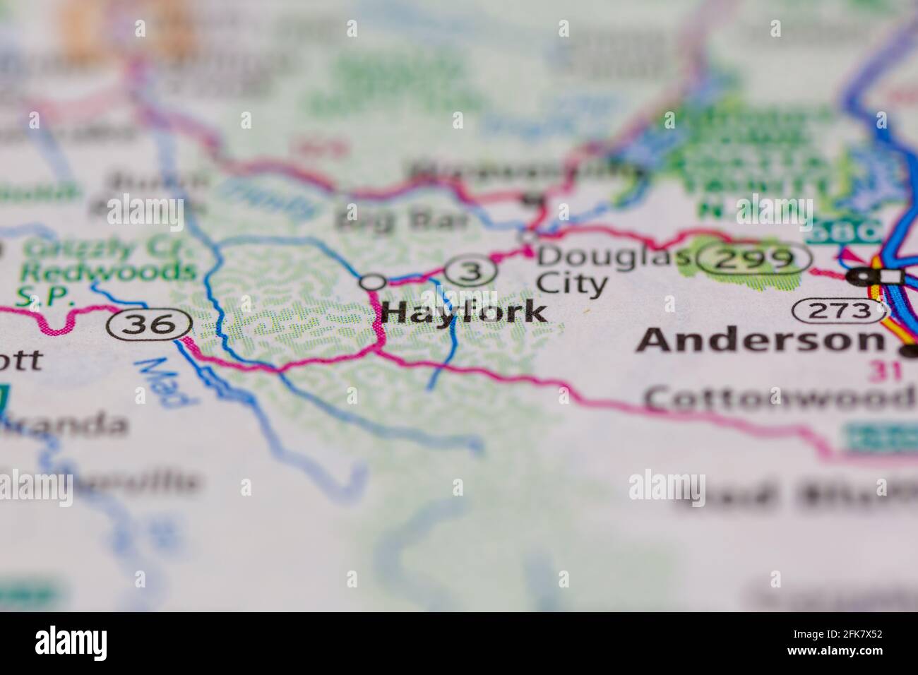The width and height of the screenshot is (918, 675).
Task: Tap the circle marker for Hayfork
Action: (372, 282)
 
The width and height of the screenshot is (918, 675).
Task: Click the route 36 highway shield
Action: (150, 325)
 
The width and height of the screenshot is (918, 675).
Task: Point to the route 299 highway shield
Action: (753, 260)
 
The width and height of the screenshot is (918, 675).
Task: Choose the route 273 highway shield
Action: (838, 310)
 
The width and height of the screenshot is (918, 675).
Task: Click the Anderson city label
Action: (760, 342)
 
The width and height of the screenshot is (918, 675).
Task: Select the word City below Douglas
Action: (572, 285)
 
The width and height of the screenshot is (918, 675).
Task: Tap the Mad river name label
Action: (164, 382)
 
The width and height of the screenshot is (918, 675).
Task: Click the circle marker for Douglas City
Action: (528, 237)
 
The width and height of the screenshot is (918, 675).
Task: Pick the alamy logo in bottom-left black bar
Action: (71, 643)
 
